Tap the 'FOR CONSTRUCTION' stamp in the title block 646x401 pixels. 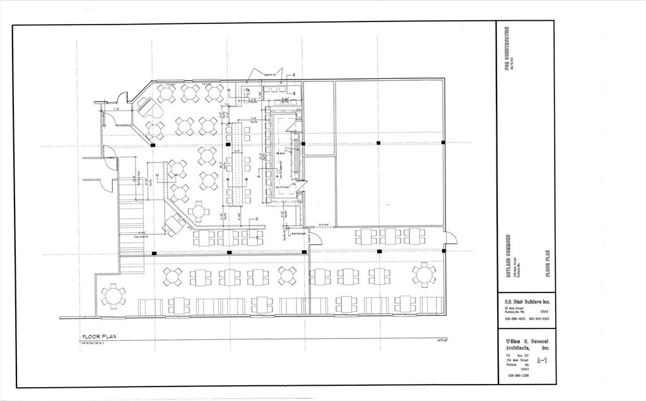click(507, 49)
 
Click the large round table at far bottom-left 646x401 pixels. click(114, 296)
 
